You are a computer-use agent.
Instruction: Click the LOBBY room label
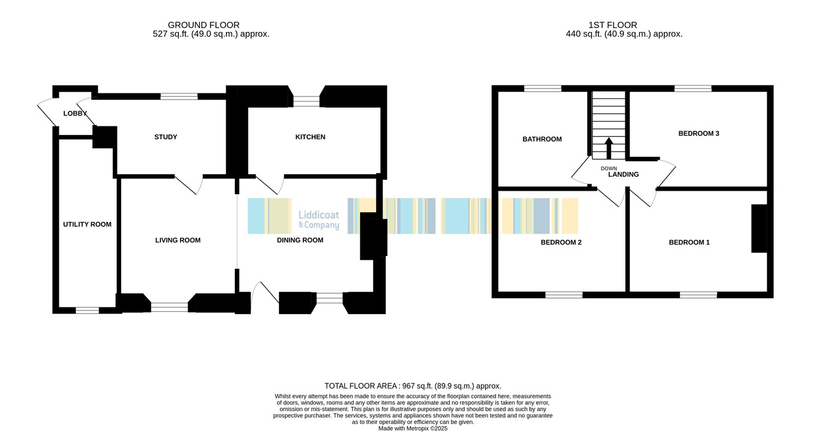pyautogui.click(x=75, y=114)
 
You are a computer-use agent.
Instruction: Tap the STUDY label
pyautogui.click(x=166, y=137)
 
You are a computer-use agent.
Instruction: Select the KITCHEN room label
pyautogui.click(x=310, y=137)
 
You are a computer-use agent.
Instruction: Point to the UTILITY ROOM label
pyautogui.click(x=87, y=224)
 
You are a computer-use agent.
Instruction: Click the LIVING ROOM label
pyautogui.click(x=177, y=240)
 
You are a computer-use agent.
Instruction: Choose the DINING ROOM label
pyautogui.click(x=300, y=240)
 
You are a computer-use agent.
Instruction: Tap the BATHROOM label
pyautogui.click(x=542, y=139)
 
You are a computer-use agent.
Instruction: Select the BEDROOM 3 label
pyautogui.click(x=699, y=133)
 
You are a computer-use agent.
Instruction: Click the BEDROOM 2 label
pyautogui.click(x=561, y=243)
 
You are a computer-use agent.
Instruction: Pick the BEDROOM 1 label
pyautogui.click(x=689, y=243)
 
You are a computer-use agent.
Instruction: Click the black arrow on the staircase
pyautogui.click(x=609, y=148)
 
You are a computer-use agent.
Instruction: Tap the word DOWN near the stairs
pyautogui.click(x=608, y=168)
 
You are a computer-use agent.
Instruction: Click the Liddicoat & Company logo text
pyautogui.click(x=319, y=220)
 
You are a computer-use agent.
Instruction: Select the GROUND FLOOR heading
pyautogui.click(x=204, y=25)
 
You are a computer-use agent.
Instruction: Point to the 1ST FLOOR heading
pyautogui.click(x=612, y=25)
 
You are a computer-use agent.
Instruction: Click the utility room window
pyautogui.click(x=87, y=310)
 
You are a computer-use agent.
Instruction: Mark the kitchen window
pyautogui.click(x=307, y=101)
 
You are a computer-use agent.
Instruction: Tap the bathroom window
pyautogui.click(x=543, y=89)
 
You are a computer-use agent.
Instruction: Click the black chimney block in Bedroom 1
pyautogui.click(x=759, y=229)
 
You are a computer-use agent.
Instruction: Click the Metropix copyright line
pyautogui.click(x=412, y=429)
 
